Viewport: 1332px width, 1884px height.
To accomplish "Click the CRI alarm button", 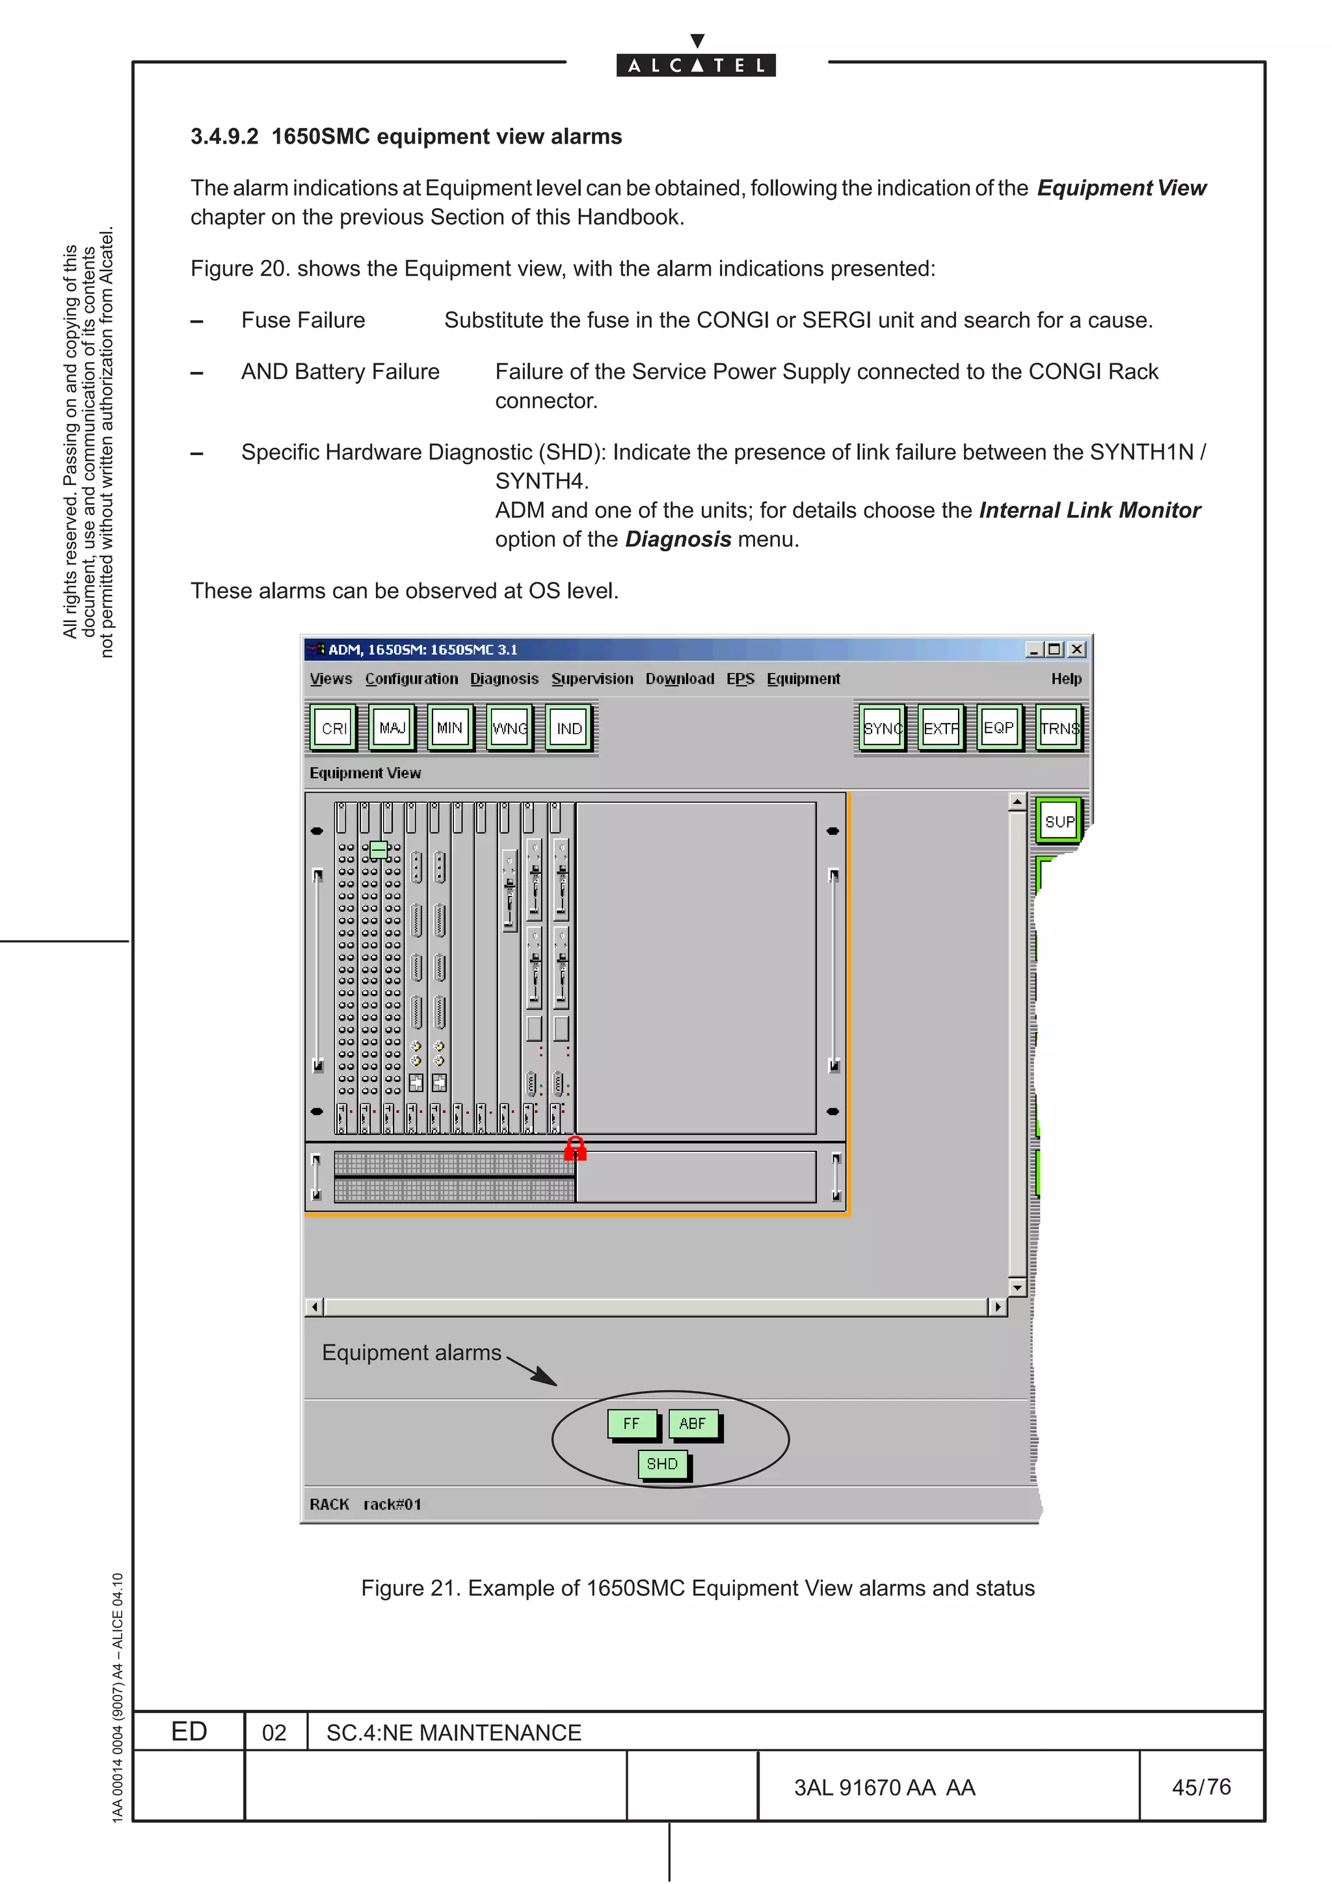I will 334,728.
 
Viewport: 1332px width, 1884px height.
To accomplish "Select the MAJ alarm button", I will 392,728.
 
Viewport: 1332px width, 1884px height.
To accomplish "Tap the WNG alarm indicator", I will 509,728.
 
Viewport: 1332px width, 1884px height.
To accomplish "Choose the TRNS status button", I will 1059,728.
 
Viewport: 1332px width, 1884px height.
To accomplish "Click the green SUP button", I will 1059,820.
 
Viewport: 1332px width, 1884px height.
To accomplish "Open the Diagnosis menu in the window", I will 504,679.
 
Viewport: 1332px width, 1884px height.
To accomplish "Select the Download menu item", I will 680,679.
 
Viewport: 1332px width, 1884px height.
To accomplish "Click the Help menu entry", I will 1066,679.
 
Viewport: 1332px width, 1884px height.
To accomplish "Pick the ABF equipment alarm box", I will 693,1424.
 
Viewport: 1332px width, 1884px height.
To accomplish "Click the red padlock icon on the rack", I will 576,1149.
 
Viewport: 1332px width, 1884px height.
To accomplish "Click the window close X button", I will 1078,649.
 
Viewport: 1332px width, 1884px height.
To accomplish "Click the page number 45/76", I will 1201,1787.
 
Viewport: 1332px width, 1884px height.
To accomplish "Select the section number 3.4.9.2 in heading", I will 224,137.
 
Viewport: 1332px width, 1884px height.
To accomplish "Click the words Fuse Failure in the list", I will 303,320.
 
